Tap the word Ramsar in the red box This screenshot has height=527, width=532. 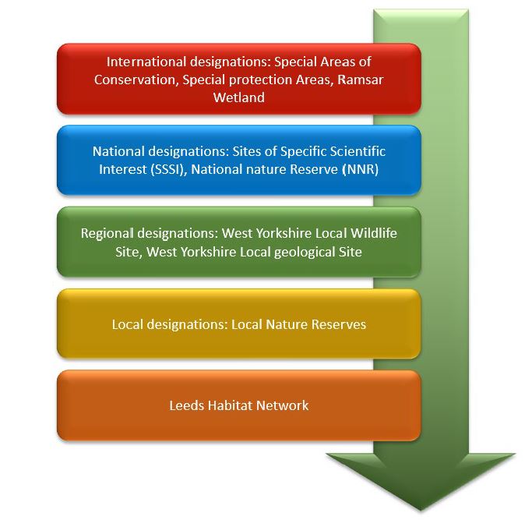pyautogui.click(x=361, y=80)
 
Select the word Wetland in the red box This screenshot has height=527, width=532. pyautogui.click(x=239, y=97)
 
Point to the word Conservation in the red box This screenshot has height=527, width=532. pyautogui.click(x=136, y=80)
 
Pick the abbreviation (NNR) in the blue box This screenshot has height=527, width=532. pyautogui.click(x=361, y=169)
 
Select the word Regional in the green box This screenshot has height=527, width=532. pyautogui.click(x=107, y=234)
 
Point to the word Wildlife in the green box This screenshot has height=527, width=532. pyautogui.click(x=374, y=233)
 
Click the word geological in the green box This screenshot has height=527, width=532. pyautogui.click(x=305, y=253)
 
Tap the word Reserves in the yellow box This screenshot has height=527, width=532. pyautogui.click(x=339, y=324)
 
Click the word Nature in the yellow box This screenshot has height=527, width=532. pyautogui.click(x=287, y=324)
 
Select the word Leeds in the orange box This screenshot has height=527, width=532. pyautogui.click(x=187, y=405)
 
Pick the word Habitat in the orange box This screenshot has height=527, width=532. pyautogui.click(x=230, y=405)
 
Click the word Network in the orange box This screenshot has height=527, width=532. pyautogui.click(x=282, y=405)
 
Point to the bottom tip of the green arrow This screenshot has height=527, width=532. pyautogui.click(x=421, y=510)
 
